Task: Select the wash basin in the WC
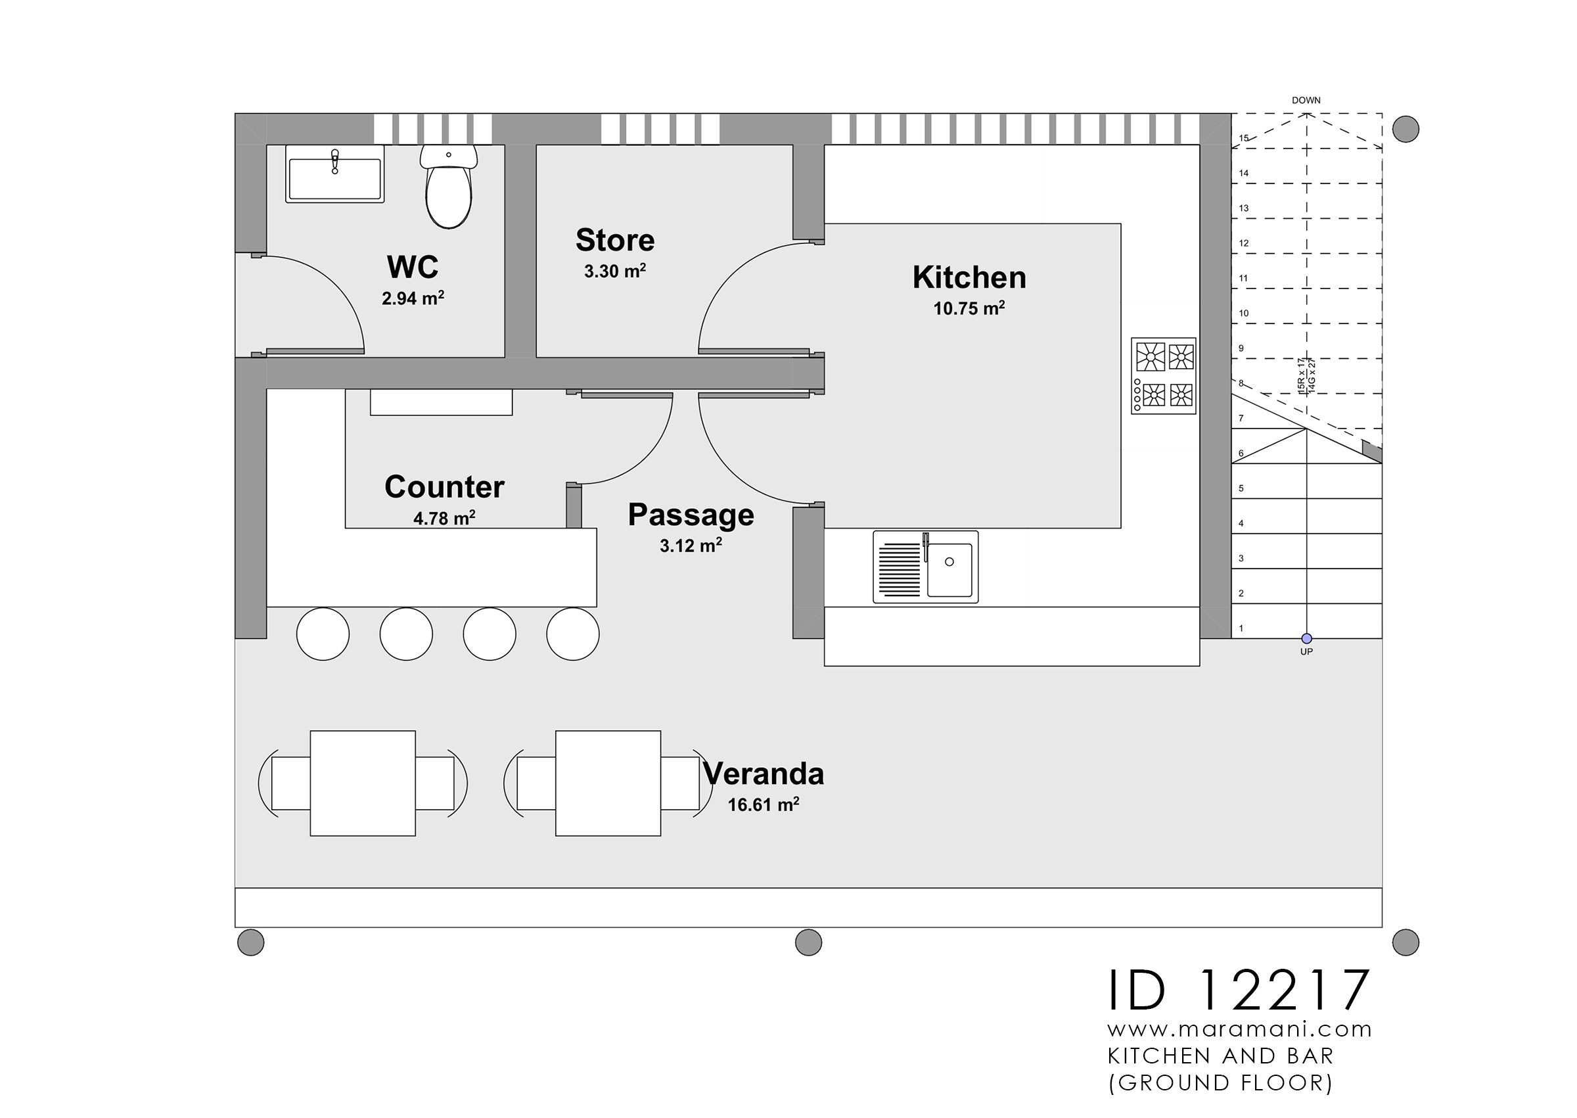pyautogui.click(x=334, y=175)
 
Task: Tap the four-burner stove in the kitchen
pyautogui.click(x=1164, y=375)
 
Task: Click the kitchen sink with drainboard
pyautogui.click(x=925, y=567)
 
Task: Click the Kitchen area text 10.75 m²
pyautogui.click(x=969, y=308)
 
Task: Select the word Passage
pyautogui.click(x=691, y=515)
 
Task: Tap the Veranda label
pyautogui.click(x=764, y=774)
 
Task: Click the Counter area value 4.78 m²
pyautogui.click(x=444, y=518)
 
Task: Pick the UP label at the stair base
pyautogui.click(x=1306, y=651)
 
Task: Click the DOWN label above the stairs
pyautogui.click(x=1306, y=101)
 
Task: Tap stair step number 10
pyautogui.click(x=1244, y=314)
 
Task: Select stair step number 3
pyautogui.click(x=1241, y=558)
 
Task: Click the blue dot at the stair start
pyautogui.click(x=1306, y=639)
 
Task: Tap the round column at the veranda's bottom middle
pyautogui.click(x=808, y=942)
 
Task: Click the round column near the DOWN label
pyautogui.click(x=1405, y=129)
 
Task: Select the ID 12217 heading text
pyautogui.click(x=1239, y=991)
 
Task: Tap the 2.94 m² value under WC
pyautogui.click(x=413, y=298)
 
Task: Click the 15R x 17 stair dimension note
pyautogui.click(x=1301, y=376)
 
